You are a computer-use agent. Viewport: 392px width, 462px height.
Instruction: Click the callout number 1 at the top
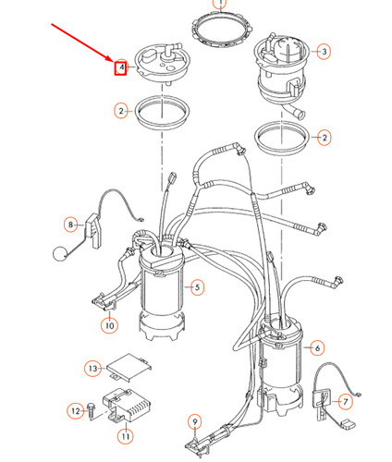point(219,4)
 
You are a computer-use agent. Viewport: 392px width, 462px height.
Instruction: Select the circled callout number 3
point(324,53)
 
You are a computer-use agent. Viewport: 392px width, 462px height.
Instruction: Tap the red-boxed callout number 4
point(119,67)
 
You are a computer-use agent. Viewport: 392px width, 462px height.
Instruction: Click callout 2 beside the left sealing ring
point(121,111)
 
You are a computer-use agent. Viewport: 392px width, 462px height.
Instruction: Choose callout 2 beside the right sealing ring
point(324,138)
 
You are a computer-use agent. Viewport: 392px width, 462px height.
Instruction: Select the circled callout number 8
point(70,224)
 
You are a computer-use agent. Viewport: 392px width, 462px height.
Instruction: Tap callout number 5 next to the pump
point(196,287)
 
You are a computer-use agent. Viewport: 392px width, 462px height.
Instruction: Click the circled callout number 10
point(108,324)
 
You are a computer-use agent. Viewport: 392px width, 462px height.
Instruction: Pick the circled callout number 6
point(317,348)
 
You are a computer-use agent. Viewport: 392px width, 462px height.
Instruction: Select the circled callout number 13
point(92,369)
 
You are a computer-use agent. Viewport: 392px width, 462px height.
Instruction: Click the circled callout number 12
point(74,409)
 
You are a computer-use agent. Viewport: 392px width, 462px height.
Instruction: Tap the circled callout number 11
point(125,434)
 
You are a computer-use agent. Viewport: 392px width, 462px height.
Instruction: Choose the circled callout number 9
point(194,422)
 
